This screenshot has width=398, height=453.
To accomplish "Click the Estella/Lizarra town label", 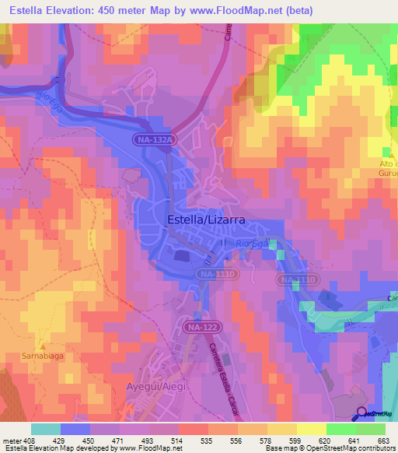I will pos(207,220).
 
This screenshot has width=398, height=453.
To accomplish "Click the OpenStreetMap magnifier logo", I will pos(362,413).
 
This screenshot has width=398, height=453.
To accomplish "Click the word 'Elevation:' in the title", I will pos(86,11).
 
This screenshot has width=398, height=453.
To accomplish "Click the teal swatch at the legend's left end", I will pos(45,428).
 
